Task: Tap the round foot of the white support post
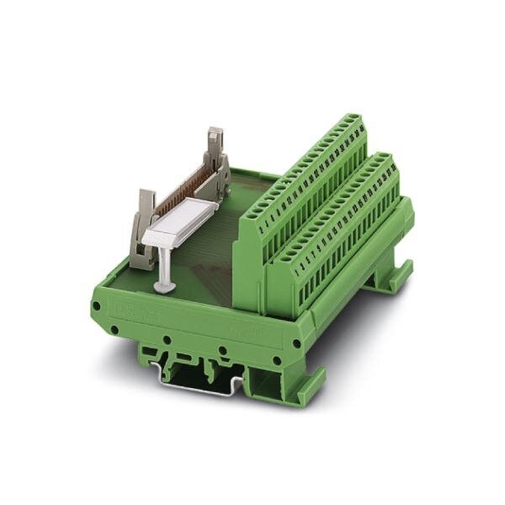pos(165,287)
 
